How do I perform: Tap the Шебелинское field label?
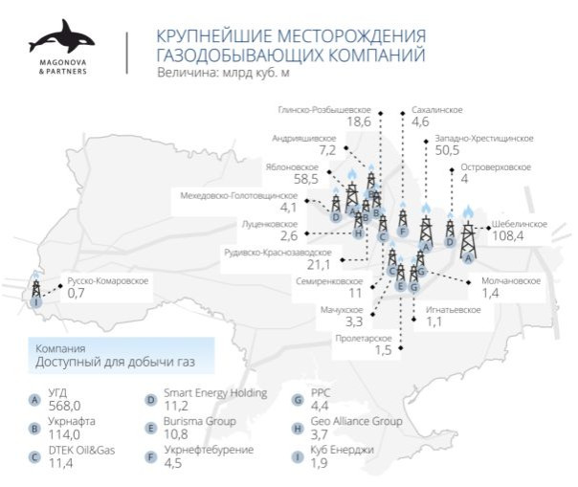coord(519,224)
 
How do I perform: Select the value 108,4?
coord(506,237)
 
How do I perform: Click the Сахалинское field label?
coord(436,109)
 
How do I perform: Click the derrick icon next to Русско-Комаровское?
coord(35,288)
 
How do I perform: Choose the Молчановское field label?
coord(511,280)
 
